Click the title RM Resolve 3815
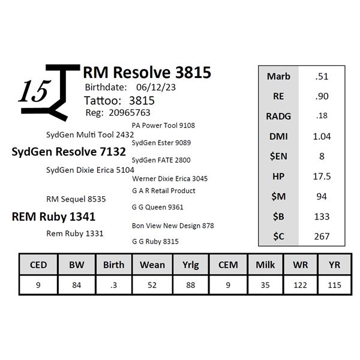pyautogui.click(x=146, y=73)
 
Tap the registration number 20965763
pyautogui.click(x=129, y=112)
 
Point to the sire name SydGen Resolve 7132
pyautogui.click(x=68, y=152)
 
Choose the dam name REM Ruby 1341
pyautogui.click(x=53, y=217)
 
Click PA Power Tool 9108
pyautogui.click(x=163, y=125)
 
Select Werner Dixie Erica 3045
pyautogui.click(x=170, y=178)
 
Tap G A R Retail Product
pyautogui.click(x=163, y=191)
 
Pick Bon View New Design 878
pyautogui.click(x=173, y=226)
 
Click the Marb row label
pyautogui.click(x=278, y=76)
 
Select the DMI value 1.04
pyautogui.click(x=322, y=136)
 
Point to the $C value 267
pyautogui.click(x=322, y=236)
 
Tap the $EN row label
pyautogui.click(x=278, y=156)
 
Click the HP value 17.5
pyautogui.click(x=322, y=176)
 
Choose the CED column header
pyautogui.click(x=38, y=265)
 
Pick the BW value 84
pyautogui.click(x=76, y=284)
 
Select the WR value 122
pyautogui.click(x=303, y=284)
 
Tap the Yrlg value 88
pyautogui.click(x=190, y=284)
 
